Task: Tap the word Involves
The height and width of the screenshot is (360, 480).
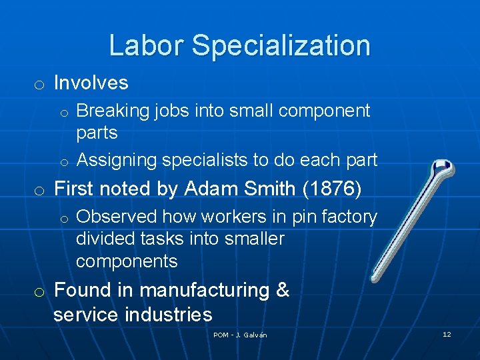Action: pyautogui.click(x=91, y=83)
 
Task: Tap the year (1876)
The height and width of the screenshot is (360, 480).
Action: pyautogui.click(x=332, y=189)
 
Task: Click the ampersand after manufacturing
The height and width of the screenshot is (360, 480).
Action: pyautogui.click(x=283, y=291)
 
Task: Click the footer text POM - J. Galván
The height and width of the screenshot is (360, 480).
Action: pyautogui.click(x=240, y=335)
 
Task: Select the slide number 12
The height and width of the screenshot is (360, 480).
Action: pyautogui.click(x=447, y=334)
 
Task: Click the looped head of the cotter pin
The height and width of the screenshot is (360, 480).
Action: pyautogui.click(x=441, y=169)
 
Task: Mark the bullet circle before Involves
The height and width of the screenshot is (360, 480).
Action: pyautogui.click(x=40, y=84)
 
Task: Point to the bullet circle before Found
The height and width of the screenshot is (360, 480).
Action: pyautogui.click(x=40, y=291)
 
